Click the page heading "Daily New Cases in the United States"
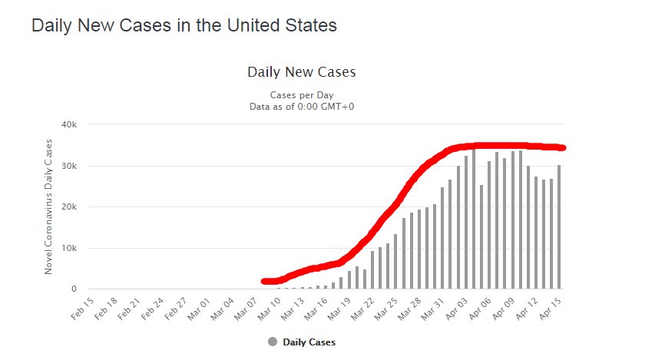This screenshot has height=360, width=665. tap(184, 25)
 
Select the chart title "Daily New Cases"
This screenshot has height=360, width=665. tap(301, 72)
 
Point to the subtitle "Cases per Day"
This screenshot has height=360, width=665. tap(301, 94)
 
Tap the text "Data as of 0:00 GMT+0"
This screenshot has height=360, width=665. tap(301, 106)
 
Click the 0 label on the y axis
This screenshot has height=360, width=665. tap(74, 289)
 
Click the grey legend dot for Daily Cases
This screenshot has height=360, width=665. tap(273, 342)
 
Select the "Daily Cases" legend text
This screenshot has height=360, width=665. tap(309, 342)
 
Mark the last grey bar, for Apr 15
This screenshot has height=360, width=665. tap(560, 227)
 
